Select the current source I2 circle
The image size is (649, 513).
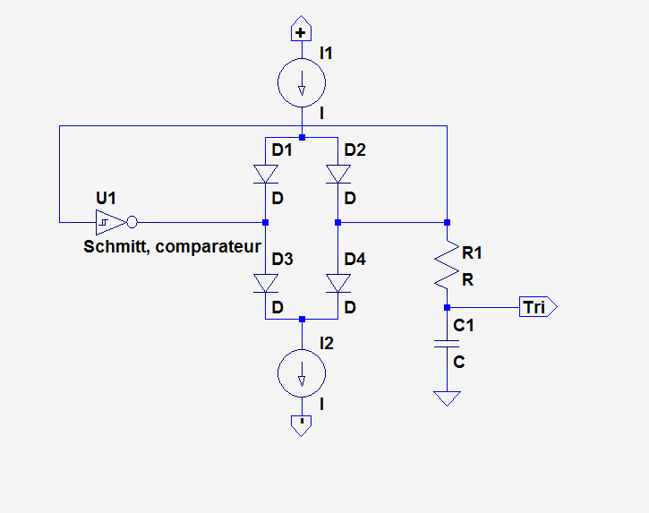click(302, 374)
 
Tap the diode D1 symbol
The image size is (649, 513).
click(266, 174)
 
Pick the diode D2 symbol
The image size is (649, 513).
click(337, 174)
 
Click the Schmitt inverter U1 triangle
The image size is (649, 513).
click(107, 221)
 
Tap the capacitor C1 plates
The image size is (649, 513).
click(446, 344)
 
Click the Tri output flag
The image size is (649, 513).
click(537, 307)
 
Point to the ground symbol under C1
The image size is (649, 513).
click(446, 398)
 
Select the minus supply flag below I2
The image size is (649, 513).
click(302, 424)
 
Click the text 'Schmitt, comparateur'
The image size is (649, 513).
click(172, 246)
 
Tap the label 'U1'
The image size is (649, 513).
click(107, 197)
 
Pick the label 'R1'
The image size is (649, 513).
click(471, 254)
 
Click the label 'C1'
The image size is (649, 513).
click(464, 326)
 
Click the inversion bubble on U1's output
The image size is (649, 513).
click(132, 221)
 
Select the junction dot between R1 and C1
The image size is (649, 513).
click(446, 307)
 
